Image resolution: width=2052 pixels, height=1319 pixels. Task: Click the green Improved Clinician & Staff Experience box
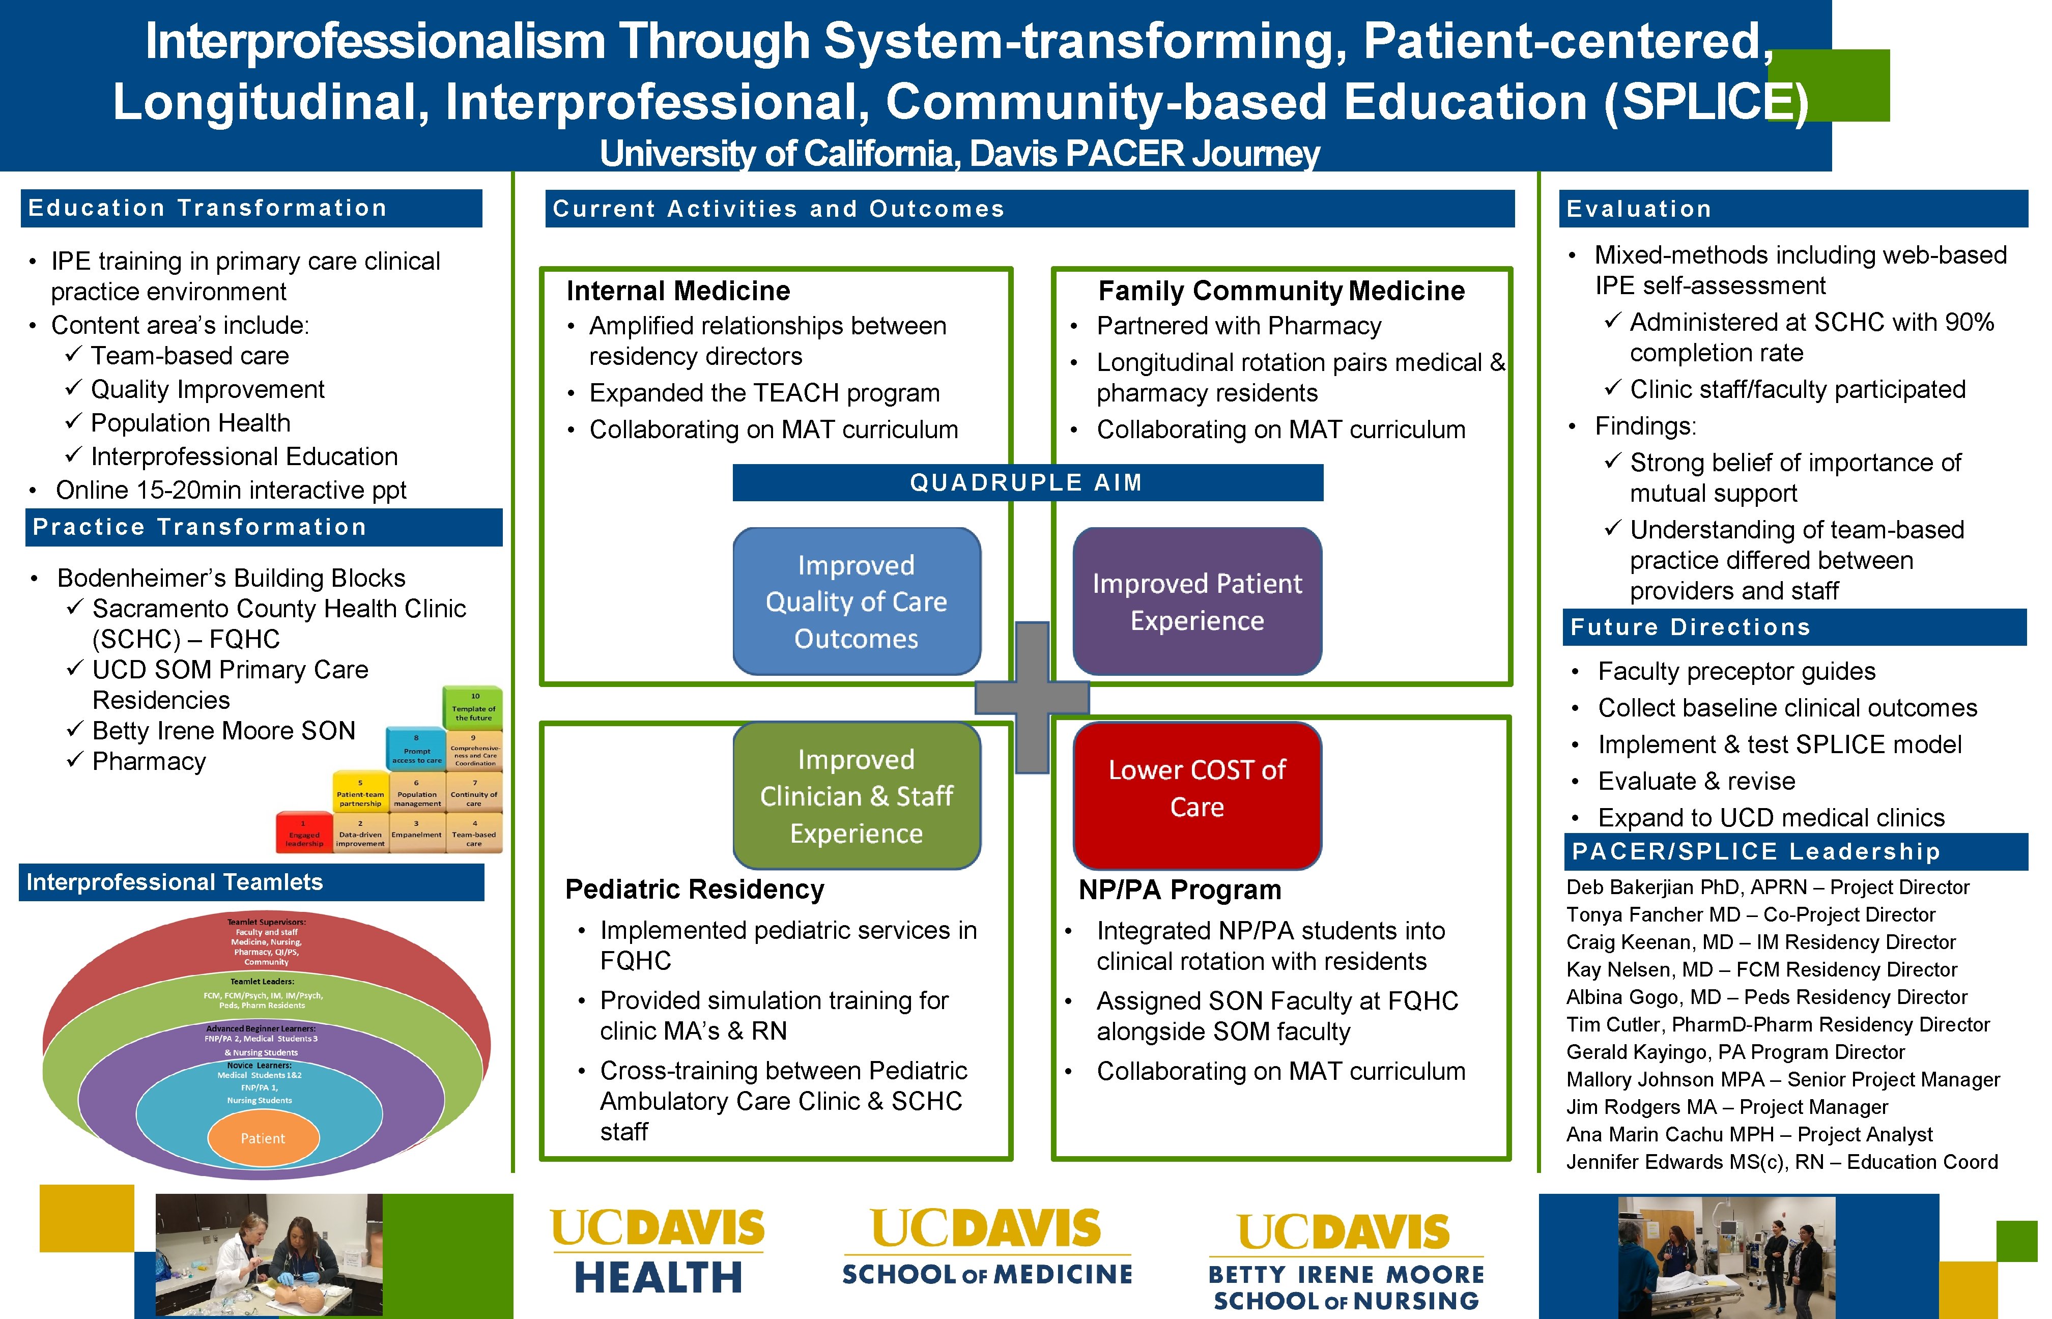857,796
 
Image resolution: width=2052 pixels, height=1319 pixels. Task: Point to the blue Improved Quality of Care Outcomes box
857,601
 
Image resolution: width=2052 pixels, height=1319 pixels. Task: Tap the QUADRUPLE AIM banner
1027,483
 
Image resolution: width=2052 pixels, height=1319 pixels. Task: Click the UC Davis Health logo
658,1252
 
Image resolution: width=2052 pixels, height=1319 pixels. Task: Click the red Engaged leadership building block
304,834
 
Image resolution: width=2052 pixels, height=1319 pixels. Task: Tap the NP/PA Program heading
1179,891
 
